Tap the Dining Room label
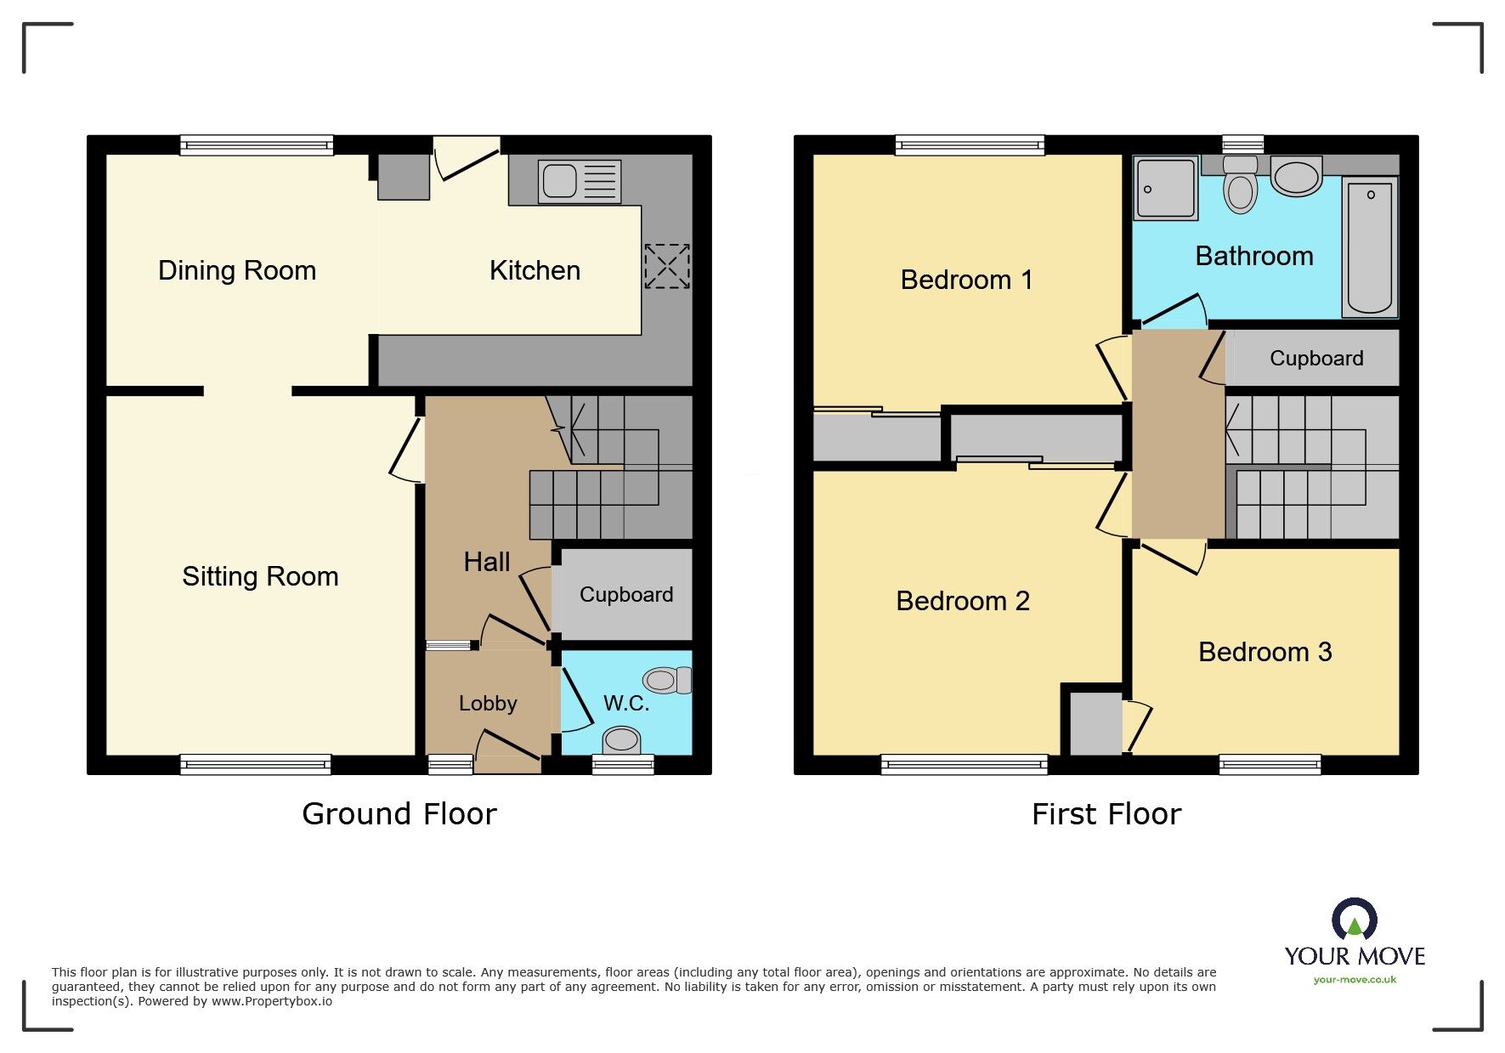pyautogui.click(x=237, y=270)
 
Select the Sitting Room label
pyautogui.click(x=260, y=576)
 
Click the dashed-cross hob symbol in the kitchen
pyautogui.click(x=667, y=265)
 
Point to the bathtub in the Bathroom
pyautogui.click(x=1370, y=247)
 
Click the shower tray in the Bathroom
pyautogui.click(x=1165, y=188)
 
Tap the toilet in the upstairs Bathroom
pyautogui.click(x=1241, y=188)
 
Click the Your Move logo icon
pyautogui.click(x=1354, y=920)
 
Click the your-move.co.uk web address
pyautogui.click(x=1355, y=980)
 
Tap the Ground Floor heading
pyautogui.click(x=399, y=814)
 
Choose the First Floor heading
pyautogui.click(x=1106, y=814)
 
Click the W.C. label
pyautogui.click(x=626, y=703)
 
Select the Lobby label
pyautogui.click(x=488, y=703)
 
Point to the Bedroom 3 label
pyautogui.click(x=1265, y=652)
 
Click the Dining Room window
pyautogui.click(x=257, y=145)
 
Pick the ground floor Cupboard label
pyautogui.click(x=626, y=594)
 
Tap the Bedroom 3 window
pyautogui.click(x=1270, y=764)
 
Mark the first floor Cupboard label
pyautogui.click(x=1316, y=358)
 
